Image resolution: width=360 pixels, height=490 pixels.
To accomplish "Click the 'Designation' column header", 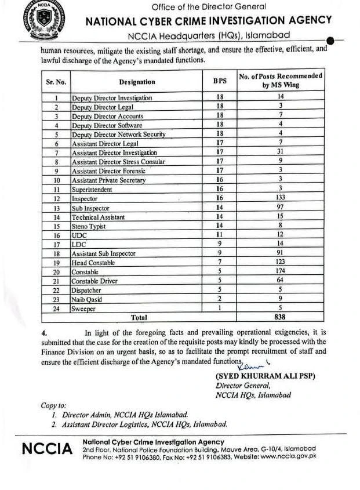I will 137,82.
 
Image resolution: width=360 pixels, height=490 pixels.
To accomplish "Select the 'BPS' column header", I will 220,82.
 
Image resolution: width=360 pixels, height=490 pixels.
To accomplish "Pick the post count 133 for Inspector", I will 280,198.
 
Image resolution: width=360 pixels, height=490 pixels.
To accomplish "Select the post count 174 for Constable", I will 280,271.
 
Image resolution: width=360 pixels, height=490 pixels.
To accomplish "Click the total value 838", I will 280,317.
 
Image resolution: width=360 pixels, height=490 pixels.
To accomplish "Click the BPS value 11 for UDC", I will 220,235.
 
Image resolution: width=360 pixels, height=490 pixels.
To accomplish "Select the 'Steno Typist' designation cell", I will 89,226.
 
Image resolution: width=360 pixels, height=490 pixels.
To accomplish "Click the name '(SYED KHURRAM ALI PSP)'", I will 265,376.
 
